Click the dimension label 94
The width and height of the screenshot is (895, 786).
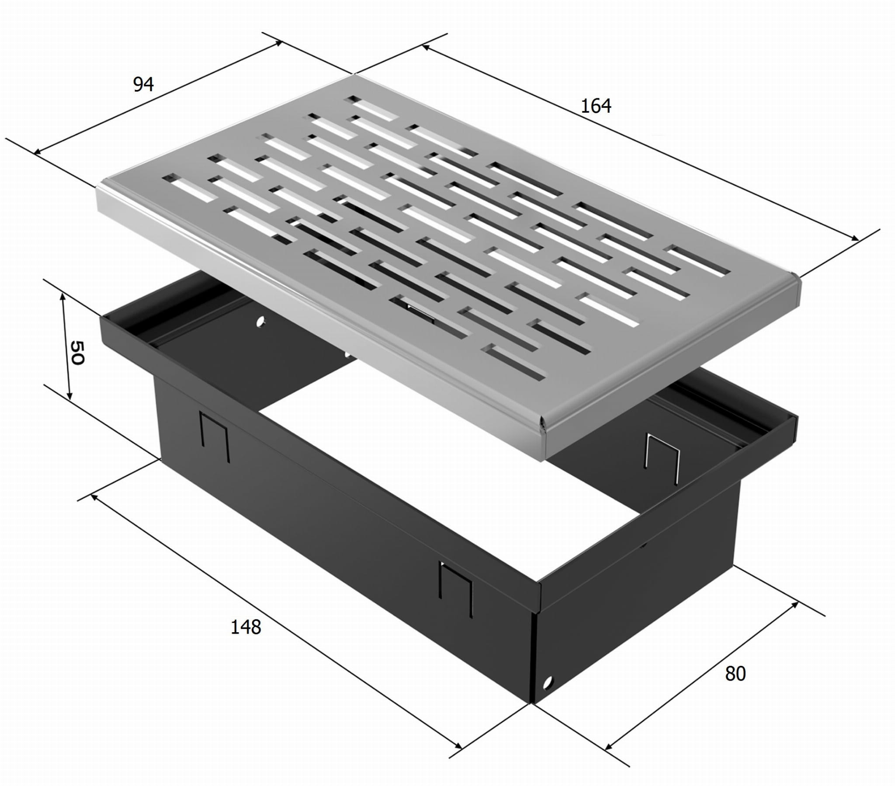point(144,84)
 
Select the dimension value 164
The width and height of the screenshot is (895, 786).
point(596,106)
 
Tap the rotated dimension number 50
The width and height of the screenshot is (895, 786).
point(76,353)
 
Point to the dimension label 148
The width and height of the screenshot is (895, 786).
point(246,627)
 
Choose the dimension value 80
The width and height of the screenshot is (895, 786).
point(735,673)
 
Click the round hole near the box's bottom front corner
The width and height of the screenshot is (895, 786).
point(548,682)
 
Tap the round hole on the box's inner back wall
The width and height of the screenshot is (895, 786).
point(260,322)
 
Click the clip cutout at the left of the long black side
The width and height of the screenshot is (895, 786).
point(215,436)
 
